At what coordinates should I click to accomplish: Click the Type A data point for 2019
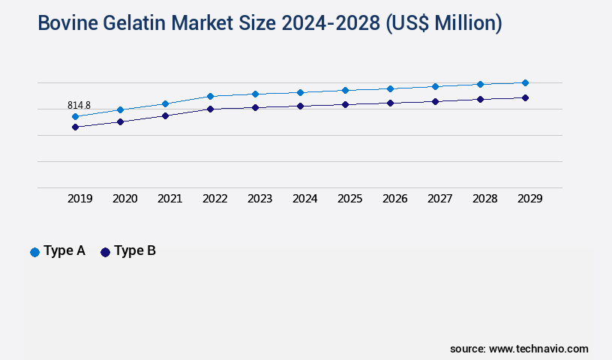click(x=75, y=116)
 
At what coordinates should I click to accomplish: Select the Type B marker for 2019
click(x=75, y=127)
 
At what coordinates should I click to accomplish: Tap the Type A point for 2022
click(x=210, y=96)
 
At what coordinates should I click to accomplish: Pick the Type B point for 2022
click(x=210, y=109)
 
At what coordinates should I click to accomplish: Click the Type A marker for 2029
click(x=525, y=82)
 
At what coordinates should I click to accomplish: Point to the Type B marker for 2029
click(x=525, y=97)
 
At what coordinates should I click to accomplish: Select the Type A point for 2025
click(x=345, y=90)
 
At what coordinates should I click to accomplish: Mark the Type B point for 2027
click(x=435, y=101)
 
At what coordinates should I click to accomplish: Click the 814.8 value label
click(x=79, y=106)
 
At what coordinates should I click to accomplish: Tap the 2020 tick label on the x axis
click(x=124, y=199)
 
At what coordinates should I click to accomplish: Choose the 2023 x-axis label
click(x=259, y=199)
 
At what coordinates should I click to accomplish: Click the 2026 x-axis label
click(x=394, y=199)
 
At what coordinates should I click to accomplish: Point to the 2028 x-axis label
click(x=484, y=199)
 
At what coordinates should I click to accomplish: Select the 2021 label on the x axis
click(x=169, y=199)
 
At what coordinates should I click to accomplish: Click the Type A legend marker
click(x=34, y=252)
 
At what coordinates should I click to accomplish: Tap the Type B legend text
click(x=135, y=251)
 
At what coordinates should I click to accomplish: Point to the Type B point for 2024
click(x=300, y=106)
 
